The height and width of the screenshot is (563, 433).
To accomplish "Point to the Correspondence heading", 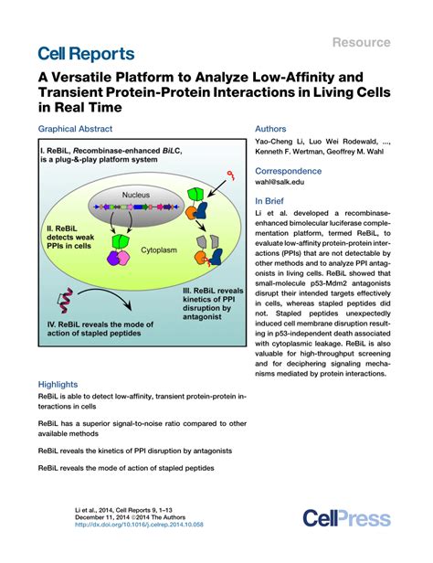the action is point(291,171).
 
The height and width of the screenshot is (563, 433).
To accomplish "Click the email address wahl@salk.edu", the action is point(283,183).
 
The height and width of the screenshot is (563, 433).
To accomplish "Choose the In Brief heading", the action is point(272,201).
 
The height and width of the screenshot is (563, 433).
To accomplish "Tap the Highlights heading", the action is point(58,385).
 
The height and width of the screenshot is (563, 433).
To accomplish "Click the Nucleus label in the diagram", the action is point(136,196).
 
